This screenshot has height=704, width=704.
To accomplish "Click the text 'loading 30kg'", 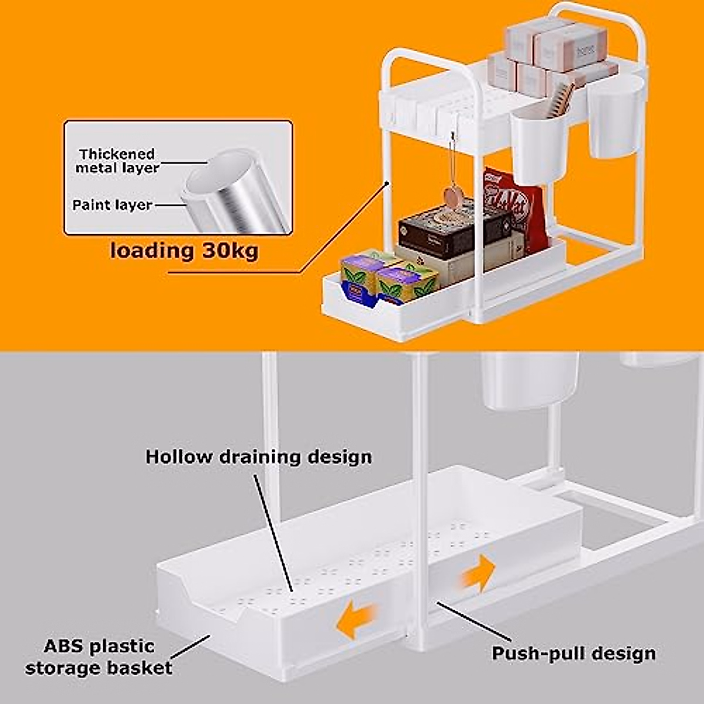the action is pyautogui.click(x=184, y=251).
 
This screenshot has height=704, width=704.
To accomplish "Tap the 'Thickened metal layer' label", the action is pyautogui.click(x=117, y=161).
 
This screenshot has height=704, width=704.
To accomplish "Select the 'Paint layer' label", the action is pyautogui.click(x=112, y=205).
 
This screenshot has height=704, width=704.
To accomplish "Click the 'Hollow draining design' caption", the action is pyautogui.click(x=259, y=457).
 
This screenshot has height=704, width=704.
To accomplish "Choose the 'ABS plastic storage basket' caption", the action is pyautogui.click(x=99, y=657).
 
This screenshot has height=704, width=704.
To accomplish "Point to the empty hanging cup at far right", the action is pyautogui.click(x=615, y=116).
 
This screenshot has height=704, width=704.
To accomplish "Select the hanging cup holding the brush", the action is pyautogui.click(x=539, y=141).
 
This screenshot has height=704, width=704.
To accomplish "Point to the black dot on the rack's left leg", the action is pyautogui.click(x=387, y=184).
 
